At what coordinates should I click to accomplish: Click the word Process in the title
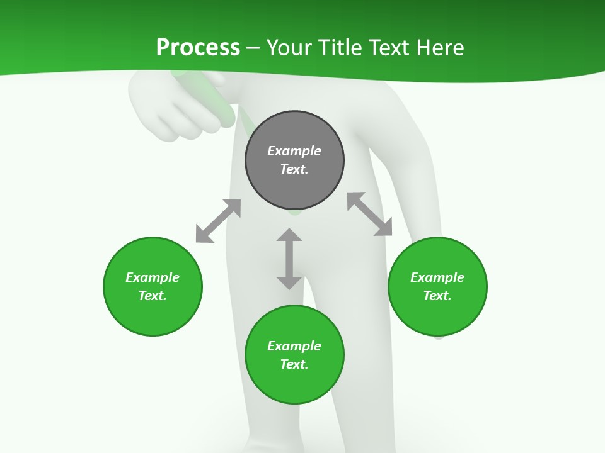point(198,48)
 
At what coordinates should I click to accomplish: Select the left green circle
point(153,315)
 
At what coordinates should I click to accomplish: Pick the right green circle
point(437,315)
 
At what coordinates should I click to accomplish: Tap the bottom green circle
point(294,384)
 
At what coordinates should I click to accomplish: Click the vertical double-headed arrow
point(289,259)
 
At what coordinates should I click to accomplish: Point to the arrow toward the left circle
point(218,221)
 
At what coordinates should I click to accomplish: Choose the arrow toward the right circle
point(370,214)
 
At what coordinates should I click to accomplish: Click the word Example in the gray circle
point(294,151)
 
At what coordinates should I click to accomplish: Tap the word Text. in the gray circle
point(294,169)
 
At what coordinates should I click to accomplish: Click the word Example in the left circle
point(153,277)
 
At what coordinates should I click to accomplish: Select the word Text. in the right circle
point(437,296)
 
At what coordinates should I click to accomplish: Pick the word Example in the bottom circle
point(294,346)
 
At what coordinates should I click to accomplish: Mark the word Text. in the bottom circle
point(294,364)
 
